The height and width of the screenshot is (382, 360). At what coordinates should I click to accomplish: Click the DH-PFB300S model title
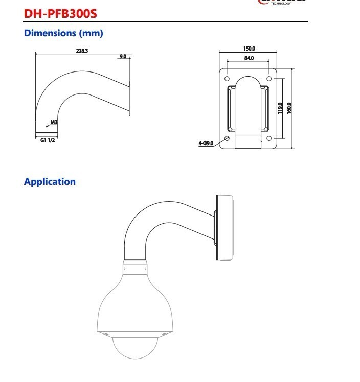pyautogui.click(x=60, y=13)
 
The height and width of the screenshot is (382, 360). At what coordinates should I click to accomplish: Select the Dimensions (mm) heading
pyautogui.click(x=63, y=33)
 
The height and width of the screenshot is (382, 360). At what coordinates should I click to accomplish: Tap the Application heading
pyautogui.click(x=50, y=182)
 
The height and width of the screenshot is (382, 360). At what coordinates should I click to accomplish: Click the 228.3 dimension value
pyautogui.click(x=82, y=51)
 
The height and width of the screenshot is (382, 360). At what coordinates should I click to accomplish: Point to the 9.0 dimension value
pyautogui.click(x=123, y=56)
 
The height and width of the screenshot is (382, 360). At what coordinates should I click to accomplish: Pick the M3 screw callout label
pyautogui.click(x=54, y=123)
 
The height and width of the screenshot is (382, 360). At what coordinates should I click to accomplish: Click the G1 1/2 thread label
pyautogui.click(x=48, y=139)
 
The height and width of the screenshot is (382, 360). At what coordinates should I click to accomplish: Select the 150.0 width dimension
pyautogui.click(x=249, y=49)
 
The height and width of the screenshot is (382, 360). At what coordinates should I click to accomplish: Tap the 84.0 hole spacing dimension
pyautogui.click(x=249, y=58)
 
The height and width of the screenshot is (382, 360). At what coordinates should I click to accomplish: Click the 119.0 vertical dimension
pyautogui.click(x=280, y=108)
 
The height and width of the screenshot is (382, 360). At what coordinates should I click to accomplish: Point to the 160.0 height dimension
pyautogui.click(x=289, y=108)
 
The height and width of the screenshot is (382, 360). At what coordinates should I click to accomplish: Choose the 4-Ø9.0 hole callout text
pyautogui.click(x=206, y=144)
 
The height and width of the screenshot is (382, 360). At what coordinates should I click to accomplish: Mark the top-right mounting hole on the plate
pyautogui.click(x=269, y=79)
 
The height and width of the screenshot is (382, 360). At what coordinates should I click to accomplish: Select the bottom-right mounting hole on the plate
pyautogui.click(x=269, y=138)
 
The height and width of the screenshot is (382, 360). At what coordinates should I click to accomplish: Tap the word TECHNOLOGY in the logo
pyautogui.click(x=281, y=3)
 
